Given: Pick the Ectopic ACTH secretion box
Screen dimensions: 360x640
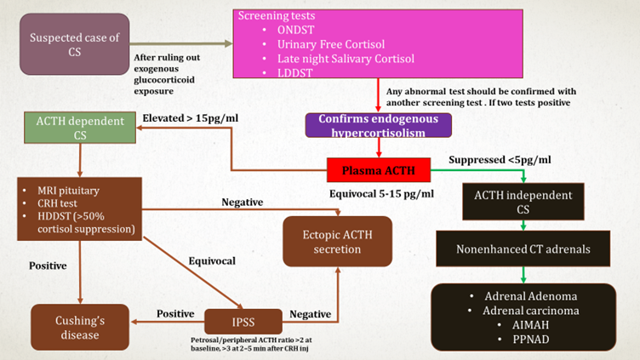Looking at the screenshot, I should pyautogui.click(x=338, y=241).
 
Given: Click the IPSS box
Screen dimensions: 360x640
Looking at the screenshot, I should pyautogui.click(x=243, y=322).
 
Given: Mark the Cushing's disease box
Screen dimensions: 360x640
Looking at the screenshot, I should pyautogui.click(x=79, y=327).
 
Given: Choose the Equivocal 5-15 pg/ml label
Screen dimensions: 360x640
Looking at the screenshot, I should pyautogui.click(x=381, y=194).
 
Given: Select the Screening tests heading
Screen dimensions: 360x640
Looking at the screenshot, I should pyautogui.click(x=277, y=15).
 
